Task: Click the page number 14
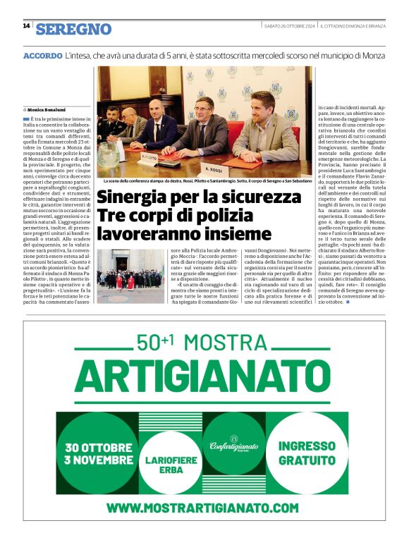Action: [x=26, y=27]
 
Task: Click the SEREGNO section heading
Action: [x=74, y=29]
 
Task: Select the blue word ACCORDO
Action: [x=42, y=55]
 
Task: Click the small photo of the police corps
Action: [x=130, y=276]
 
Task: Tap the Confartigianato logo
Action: [x=234, y=445]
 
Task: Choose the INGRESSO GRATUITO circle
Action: [x=307, y=453]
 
